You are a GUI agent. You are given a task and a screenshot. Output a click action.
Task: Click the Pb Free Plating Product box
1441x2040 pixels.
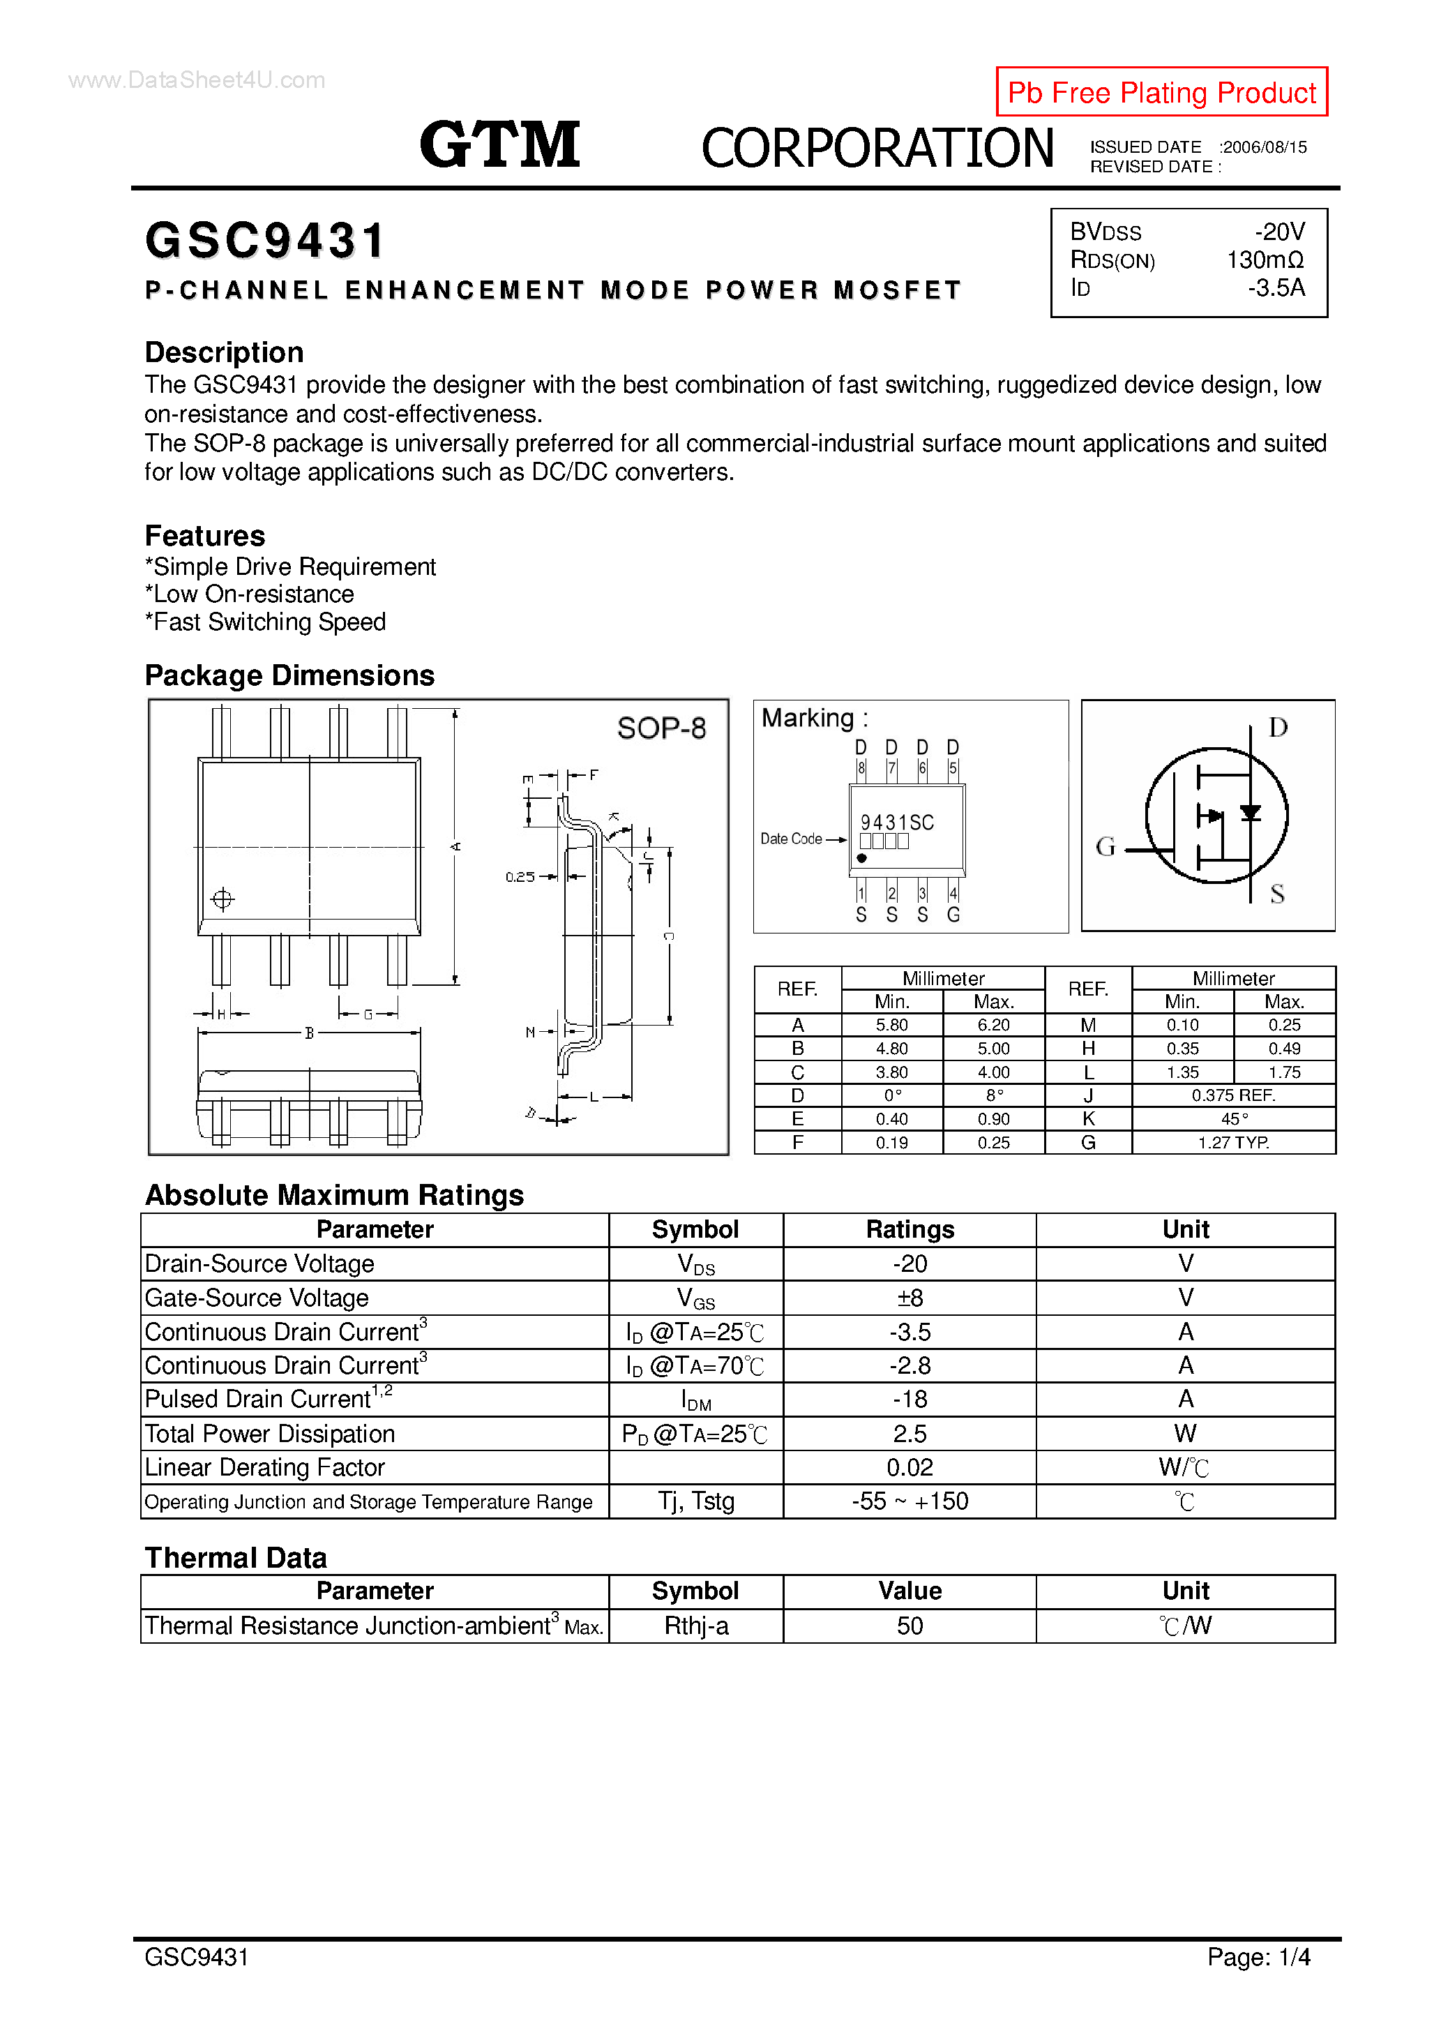click(x=1161, y=91)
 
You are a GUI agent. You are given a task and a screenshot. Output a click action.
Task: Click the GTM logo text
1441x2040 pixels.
click(x=499, y=145)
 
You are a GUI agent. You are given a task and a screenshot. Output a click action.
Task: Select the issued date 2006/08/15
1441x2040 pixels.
click(x=1265, y=147)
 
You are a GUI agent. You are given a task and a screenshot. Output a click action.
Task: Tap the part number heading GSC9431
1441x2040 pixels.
click(x=265, y=241)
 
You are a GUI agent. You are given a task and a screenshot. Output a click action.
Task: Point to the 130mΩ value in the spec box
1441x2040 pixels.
click(x=1265, y=260)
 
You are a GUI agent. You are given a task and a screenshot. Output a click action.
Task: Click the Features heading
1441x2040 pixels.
click(x=204, y=536)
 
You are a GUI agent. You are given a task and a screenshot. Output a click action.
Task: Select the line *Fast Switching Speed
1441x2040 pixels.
click(x=265, y=622)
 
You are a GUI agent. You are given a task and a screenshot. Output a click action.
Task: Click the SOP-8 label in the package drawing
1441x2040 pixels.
click(x=661, y=728)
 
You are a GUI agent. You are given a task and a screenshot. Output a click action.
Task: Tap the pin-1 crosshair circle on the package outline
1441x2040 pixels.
click(x=222, y=899)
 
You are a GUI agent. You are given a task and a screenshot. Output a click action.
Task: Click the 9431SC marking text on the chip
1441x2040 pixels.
click(x=896, y=823)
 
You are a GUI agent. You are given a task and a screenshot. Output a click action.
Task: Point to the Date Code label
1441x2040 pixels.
click(x=791, y=839)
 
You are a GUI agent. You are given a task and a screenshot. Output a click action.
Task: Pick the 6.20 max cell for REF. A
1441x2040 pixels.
click(x=993, y=1026)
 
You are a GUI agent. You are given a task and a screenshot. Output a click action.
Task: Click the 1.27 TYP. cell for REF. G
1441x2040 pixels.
click(x=1233, y=1143)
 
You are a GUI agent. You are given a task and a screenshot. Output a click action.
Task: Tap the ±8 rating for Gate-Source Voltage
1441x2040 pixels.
click(x=909, y=1298)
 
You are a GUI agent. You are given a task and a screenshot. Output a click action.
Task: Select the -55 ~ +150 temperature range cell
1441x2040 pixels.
click(x=909, y=1501)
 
